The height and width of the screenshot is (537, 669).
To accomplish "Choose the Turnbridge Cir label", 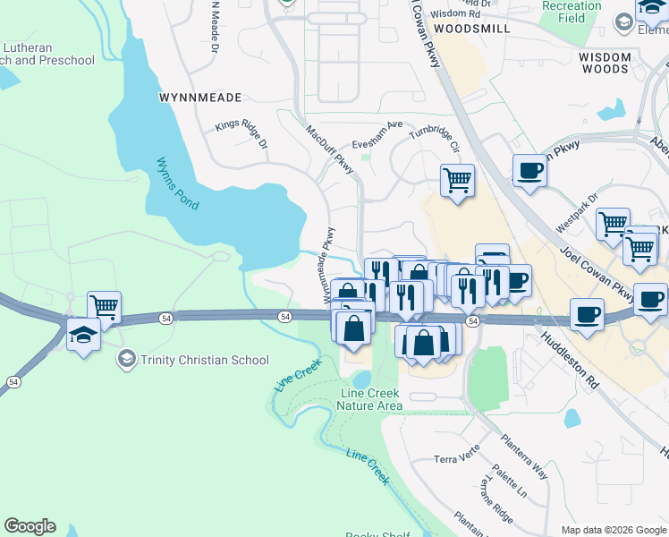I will (x=435, y=139).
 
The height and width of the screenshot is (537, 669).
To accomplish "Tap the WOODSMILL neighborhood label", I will (x=471, y=29).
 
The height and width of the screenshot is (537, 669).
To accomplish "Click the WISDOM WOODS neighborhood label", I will (x=604, y=63).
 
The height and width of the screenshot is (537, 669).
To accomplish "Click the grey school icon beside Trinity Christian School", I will (x=127, y=360).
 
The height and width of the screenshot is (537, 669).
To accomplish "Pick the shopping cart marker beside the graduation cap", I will (x=105, y=307).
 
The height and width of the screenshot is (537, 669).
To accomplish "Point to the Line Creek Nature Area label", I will (x=369, y=399).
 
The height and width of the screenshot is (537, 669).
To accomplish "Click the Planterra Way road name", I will (x=524, y=457).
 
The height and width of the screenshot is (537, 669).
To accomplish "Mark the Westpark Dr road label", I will (x=578, y=216).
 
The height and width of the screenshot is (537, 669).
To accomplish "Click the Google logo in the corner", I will (x=30, y=526).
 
